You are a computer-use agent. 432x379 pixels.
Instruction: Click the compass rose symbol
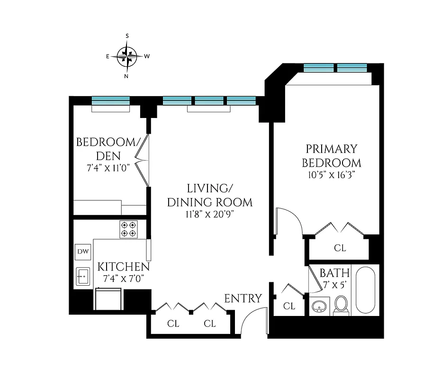coord(127,56)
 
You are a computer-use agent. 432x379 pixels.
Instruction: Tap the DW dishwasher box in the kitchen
coord(82,252)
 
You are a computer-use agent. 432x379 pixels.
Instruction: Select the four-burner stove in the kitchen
coord(128,229)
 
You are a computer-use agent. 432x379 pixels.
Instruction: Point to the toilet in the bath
coord(341,305)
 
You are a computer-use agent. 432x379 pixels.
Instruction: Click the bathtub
coord(366,289)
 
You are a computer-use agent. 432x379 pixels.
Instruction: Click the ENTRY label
coord(243,298)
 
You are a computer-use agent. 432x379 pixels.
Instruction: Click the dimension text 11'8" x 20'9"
coord(209,214)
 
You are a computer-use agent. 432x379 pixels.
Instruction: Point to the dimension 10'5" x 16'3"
coord(331,175)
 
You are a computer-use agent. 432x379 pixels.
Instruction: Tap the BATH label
coord(334,273)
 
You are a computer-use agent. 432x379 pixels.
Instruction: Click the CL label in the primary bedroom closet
coord(340,247)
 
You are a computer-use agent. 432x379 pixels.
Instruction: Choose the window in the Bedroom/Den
coord(110,100)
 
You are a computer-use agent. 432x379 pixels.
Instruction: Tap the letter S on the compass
coord(127,36)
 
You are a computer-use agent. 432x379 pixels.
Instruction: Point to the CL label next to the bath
coord(289,307)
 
